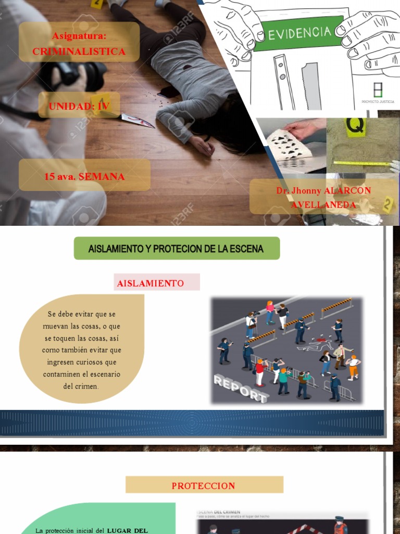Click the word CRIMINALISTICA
tap(79, 52)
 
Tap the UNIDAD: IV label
tap(79, 106)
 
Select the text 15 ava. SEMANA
tap(84, 176)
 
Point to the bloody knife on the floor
tap(137, 120)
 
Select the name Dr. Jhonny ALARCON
tap(323, 191)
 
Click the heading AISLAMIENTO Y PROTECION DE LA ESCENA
tap(176, 249)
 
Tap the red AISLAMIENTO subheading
tap(150, 283)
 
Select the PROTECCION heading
tap(203, 486)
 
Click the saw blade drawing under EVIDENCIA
tap(311, 86)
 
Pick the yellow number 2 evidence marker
tap(387, 204)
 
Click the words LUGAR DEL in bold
tap(128, 530)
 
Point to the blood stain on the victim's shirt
tap(186, 67)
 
